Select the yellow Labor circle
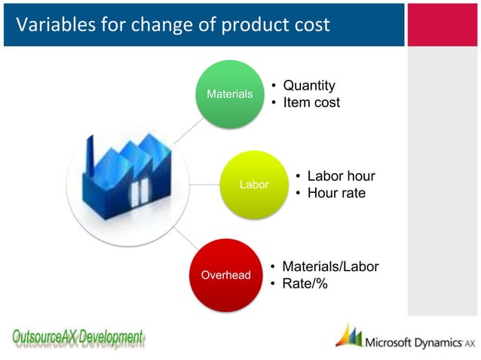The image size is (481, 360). tap(254, 185)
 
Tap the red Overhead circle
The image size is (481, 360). tap(225, 275)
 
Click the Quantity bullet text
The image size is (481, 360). tap(308, 86)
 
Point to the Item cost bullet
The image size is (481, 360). tap(311, 102)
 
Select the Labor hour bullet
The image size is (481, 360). tap(340, 176)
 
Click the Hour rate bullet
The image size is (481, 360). tap(335, 194)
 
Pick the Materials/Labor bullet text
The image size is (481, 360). tap(329, 267)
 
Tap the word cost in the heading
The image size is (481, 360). tap(310, 25)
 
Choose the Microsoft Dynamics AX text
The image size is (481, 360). tap(419, 343)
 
